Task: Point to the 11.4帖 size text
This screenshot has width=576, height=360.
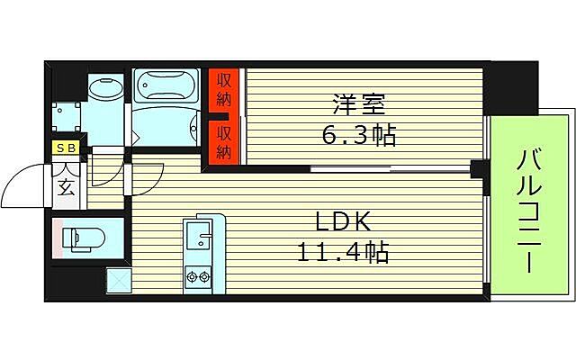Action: click(342, 252)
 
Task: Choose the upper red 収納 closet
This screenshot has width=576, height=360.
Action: click(225, 90)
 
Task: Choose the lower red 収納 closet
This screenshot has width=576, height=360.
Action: click(225, 142)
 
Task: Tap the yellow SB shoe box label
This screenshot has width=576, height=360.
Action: click(66, 148)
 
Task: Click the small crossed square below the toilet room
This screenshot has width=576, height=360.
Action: click(119, 283)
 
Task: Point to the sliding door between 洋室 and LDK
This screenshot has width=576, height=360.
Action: click(351, 168)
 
